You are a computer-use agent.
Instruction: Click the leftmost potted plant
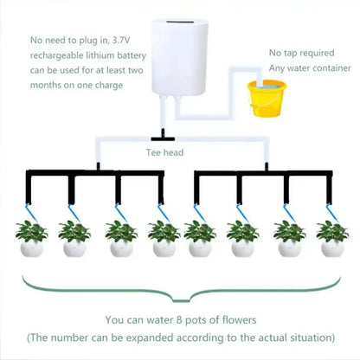[x=32, y=238]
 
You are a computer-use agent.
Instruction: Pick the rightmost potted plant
[x=332, y=238]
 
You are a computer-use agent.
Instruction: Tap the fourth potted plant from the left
[x=163, y=238]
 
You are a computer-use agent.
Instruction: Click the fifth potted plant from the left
[x=200, y=238]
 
